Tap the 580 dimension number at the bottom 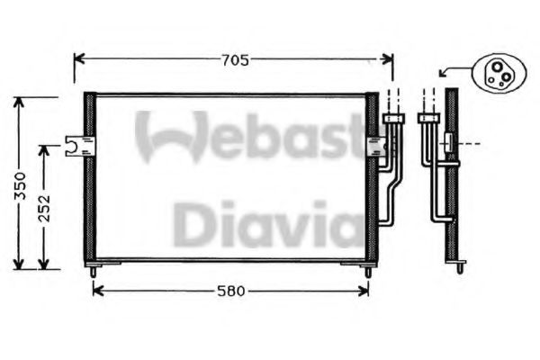point(230,291)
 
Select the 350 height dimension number point(19,184)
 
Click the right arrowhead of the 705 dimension point(388,60)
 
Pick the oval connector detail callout point(496,72)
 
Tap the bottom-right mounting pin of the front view point(368,270)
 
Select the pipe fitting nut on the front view point(392,117)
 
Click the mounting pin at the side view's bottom point(459,267)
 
